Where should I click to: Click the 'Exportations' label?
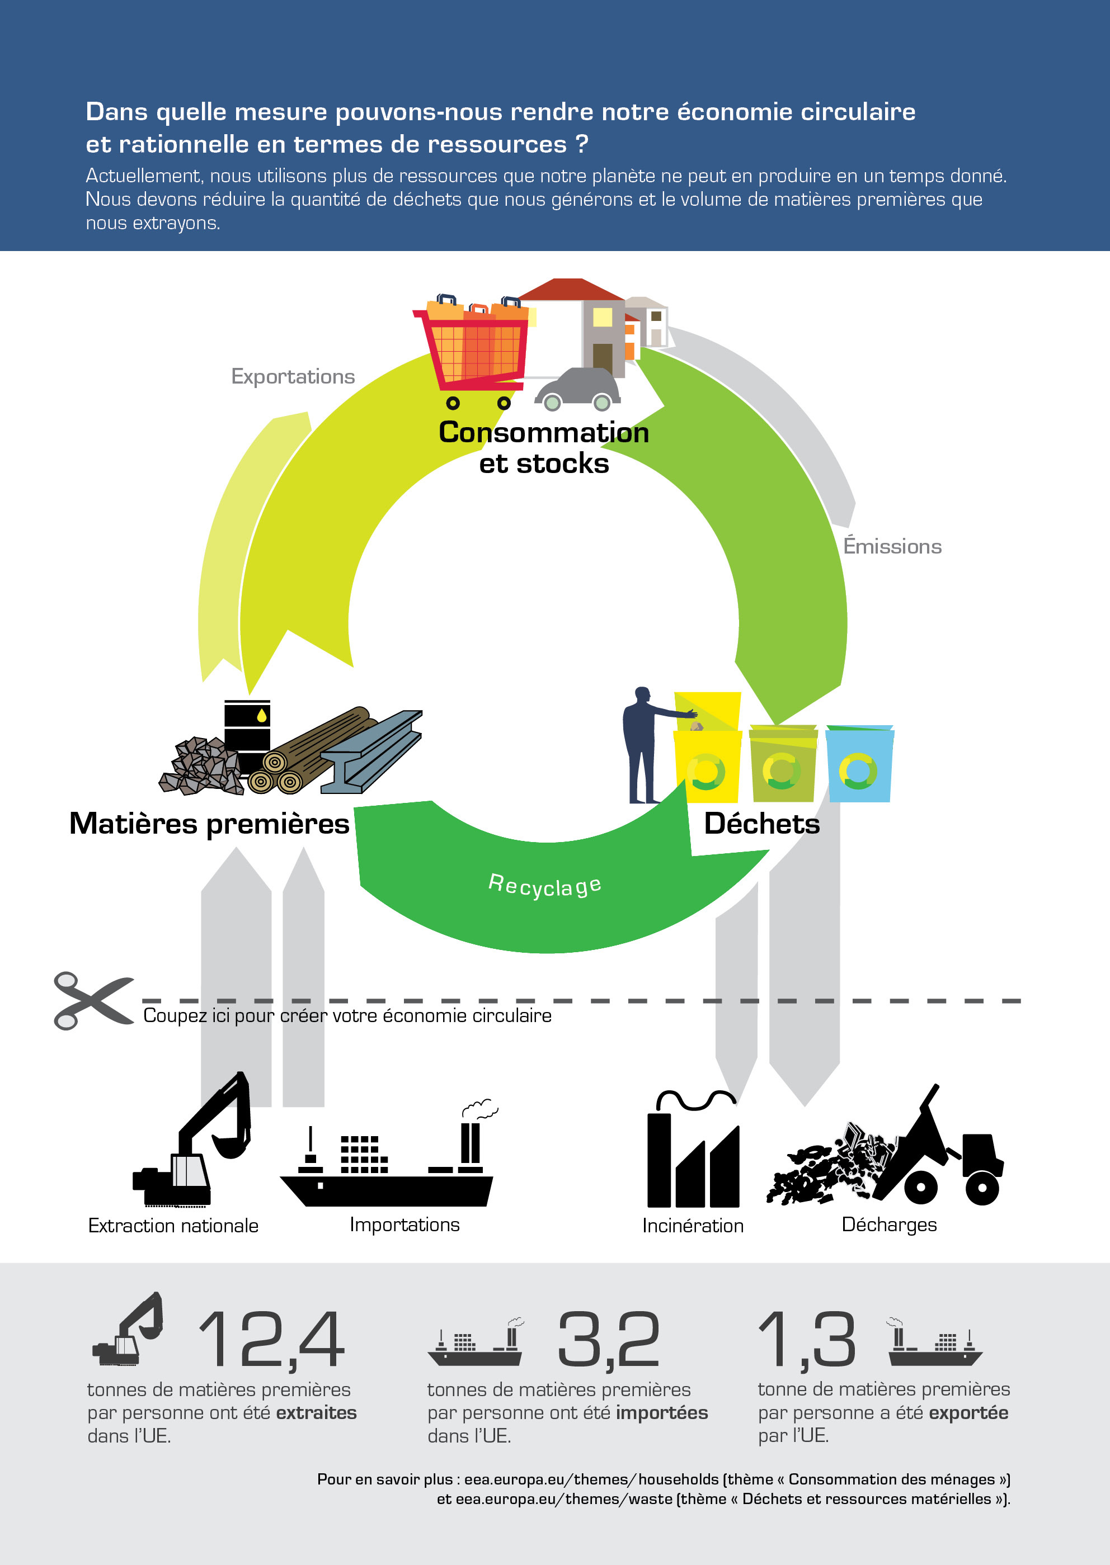tap(293, 377)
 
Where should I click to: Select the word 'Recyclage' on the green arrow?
tap(545, 885)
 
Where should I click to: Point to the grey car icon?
tap(577, 389)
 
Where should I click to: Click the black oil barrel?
tap(247, 731)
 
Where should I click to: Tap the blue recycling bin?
tap(859, 764)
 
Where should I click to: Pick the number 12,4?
tap(271, 1340)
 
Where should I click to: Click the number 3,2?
tap(609, 1340)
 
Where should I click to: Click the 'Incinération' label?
tap(693, 1226)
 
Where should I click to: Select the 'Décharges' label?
tap(888, 1225)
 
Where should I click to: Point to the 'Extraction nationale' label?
tap(173, 1226)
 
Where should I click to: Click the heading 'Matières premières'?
tap(209, 823)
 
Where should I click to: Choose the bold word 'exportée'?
tap(968, 1413)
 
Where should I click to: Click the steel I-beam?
tap(371, 751)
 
